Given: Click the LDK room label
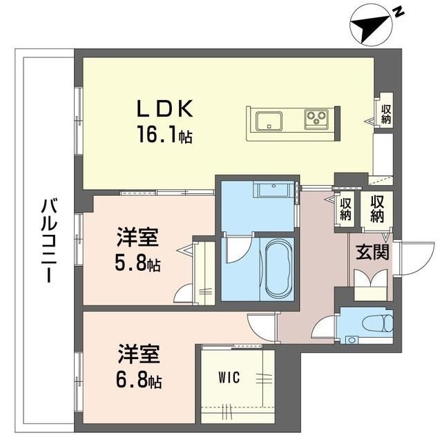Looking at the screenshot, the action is tap(165, 108).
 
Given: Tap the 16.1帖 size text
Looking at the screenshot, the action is tap(165, 134).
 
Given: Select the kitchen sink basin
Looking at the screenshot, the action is tap(269, 122).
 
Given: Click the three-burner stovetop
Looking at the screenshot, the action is tap(316, 119).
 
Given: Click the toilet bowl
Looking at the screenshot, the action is tap(378, 323).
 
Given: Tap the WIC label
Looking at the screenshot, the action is tap(229, 378).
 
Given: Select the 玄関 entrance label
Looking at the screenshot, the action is tap(372, 251).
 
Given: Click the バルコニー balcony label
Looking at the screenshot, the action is tap(49, 241).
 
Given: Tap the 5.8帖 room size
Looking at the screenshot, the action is tap(137, 264).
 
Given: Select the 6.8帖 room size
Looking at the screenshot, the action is tap(139, 381).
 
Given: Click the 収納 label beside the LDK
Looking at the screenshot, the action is tap(386, 114).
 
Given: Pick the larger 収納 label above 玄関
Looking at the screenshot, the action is tap(377, 209).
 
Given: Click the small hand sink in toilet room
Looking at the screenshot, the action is tap(352, 340).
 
